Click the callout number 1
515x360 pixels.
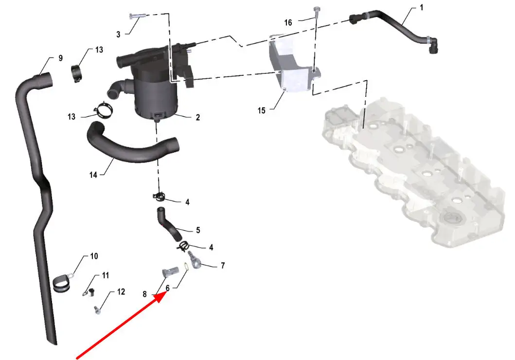(x=422, y=7)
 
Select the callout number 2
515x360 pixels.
(x=198, y=118)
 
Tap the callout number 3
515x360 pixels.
(x=118, y=34)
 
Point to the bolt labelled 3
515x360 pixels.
(x=135, y=16)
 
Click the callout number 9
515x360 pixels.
(x=60, y=58)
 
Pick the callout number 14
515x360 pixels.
(x=93, y=175)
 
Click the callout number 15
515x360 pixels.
(x=261, y=110)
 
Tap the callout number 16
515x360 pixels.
(x=288, y=23)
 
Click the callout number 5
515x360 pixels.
(x=198, y=230)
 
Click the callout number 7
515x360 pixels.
(x=223, y=265)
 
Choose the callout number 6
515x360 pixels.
(x=167, y=288)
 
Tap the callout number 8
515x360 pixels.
(x=144, y=294)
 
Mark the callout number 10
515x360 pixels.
(x=94, y=256)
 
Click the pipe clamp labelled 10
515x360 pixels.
(x=62, y=284)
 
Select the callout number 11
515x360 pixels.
(x=105, y=275)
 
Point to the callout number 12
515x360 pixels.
(x=121, y=292)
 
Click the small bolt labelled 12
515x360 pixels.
(x=97, y=309)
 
